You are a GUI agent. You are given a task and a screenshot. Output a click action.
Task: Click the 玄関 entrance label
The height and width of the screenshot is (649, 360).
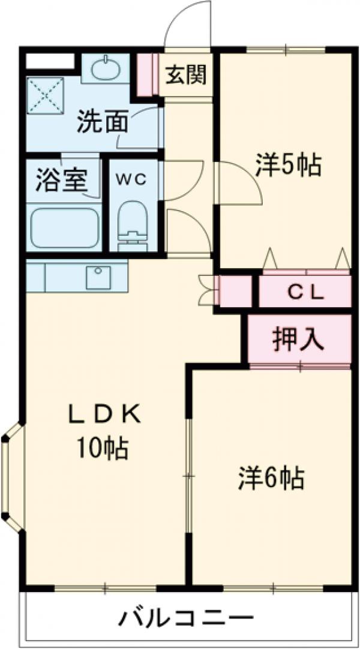point(186,75)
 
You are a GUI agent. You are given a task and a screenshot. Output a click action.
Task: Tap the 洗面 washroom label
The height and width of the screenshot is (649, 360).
point(103,123)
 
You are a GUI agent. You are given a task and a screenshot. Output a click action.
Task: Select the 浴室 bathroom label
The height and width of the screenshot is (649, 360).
point(62,179)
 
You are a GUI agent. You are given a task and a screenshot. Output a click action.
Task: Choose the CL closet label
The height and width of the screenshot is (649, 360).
point(305,293)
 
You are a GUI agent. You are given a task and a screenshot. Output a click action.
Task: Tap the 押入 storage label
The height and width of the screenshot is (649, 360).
point(299,340)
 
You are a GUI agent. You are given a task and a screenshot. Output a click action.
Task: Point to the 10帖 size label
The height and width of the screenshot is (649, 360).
point(101,447)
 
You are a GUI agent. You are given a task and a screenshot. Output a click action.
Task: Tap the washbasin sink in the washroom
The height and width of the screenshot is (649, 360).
point(106,68)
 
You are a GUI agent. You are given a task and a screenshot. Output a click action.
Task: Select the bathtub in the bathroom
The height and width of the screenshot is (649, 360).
point(64,227)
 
